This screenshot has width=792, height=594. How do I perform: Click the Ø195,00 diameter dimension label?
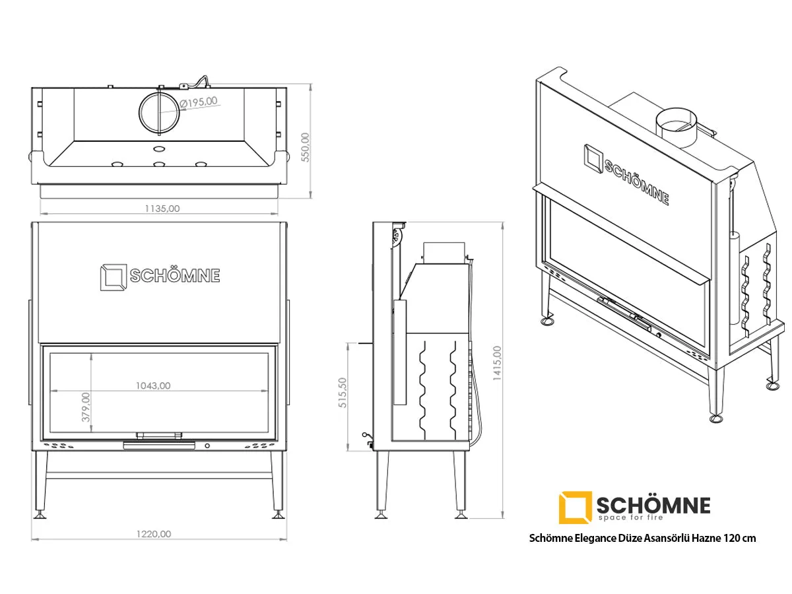coord(199,102)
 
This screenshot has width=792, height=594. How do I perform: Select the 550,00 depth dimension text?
coord(306,147)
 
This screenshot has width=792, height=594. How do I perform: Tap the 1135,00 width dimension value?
coord(162,209)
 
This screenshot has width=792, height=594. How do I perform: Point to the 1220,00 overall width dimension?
coord(154,534)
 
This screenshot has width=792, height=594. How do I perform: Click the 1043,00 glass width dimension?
coord(153,385)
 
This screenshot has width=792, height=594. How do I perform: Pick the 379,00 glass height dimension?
coord(86,407)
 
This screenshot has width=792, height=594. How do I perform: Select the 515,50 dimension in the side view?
coord(343,393)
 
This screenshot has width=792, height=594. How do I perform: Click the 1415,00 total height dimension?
coord(497,363)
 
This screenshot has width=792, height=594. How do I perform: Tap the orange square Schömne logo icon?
coord(575,507)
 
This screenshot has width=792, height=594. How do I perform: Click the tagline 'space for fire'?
coord(631,517)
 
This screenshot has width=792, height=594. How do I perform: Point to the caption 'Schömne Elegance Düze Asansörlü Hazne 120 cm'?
coord(642,538)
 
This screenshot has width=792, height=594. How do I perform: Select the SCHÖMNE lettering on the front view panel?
coord(175,276)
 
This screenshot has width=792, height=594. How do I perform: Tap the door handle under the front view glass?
coord(159,445)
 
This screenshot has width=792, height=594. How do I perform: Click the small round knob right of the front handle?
coord(207,445)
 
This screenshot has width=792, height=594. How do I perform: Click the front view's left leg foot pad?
coord(40,515)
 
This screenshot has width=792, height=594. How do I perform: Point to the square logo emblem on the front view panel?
coord(114,277)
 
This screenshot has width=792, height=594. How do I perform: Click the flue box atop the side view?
coord(444,253)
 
